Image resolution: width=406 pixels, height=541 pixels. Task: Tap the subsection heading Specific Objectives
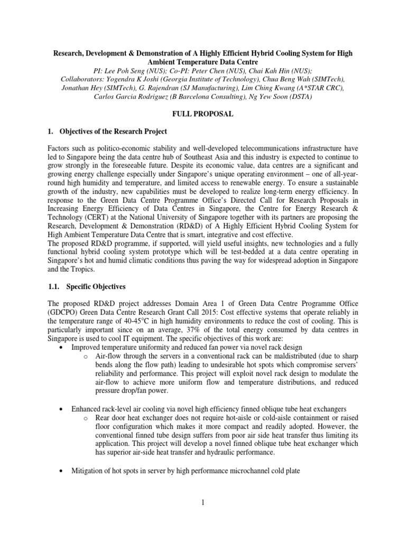(x=96, y=286)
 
